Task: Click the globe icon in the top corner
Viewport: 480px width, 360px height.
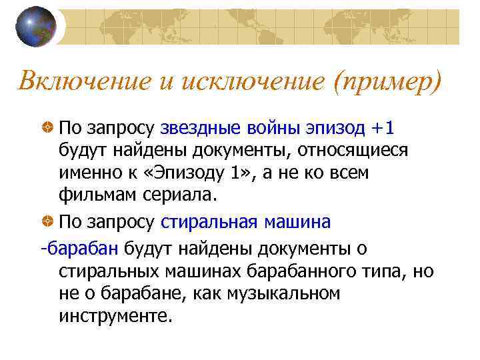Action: tap(36, 27)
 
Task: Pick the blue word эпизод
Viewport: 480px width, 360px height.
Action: tap(335, 127)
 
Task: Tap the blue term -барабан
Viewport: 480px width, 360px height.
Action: tap(79, 249)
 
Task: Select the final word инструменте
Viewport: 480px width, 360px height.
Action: tap(115, 315)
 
